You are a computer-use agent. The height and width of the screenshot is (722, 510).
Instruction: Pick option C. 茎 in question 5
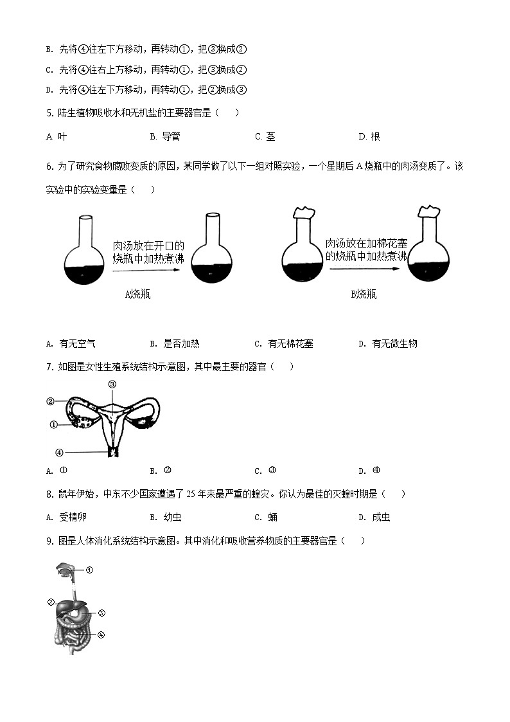265,136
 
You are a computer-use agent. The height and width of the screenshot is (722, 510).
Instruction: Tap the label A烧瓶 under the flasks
138,294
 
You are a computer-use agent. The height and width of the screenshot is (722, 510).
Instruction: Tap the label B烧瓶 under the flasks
364,294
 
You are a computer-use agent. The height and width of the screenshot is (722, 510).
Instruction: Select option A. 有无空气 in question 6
71,343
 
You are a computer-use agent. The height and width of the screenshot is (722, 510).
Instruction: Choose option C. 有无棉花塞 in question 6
284,343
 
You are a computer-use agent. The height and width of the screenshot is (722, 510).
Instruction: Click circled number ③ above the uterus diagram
112,384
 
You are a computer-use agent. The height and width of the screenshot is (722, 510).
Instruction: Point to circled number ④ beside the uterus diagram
59,452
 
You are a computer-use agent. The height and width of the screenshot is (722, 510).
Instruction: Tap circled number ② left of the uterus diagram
51,402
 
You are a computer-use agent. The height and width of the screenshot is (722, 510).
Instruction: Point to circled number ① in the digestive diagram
90,570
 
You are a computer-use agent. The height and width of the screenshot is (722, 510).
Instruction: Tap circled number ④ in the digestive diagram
101,635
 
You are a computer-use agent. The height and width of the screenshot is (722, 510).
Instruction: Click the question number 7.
49,366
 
